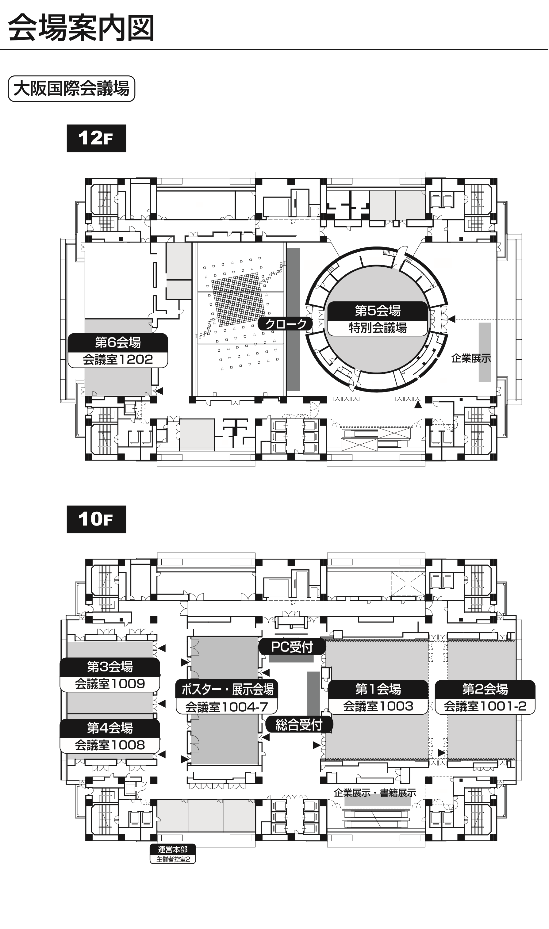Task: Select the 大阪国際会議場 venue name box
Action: pos(71,89)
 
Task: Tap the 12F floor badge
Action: pos(96,138)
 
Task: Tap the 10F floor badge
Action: pos(96,519)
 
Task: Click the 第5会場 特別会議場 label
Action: pos(378,319)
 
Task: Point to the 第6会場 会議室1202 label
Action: pos(118,350)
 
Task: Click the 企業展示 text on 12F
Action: pos(471,358)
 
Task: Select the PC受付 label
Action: pos(292,646)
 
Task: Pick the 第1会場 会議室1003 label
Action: pos(378,697)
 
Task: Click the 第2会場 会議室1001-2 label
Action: pos(485,697)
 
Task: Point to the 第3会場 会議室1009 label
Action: pos(110,675)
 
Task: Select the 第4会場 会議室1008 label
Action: pos(110,736)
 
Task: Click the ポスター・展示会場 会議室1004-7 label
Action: pos(227,697)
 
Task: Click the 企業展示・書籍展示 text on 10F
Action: pos(375,793)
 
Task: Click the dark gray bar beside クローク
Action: pos(294,319)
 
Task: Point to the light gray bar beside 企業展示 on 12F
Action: pos(485,352)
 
